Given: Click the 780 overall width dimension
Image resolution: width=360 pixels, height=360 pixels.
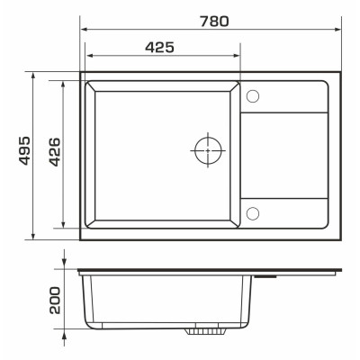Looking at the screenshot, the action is click(x=214, y=22).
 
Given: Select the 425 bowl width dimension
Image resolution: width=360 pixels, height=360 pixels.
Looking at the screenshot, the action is click(x=159, y=48).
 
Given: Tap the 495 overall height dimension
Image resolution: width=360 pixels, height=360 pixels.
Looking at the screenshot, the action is click(x=24, y=150).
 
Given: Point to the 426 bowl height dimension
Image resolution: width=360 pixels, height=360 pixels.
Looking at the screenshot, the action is click(x=54, y=152).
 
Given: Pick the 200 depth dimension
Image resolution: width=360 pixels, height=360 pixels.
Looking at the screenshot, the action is click(x=55, y=301).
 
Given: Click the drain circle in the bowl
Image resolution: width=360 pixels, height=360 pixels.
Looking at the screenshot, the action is click(x=208, y=150).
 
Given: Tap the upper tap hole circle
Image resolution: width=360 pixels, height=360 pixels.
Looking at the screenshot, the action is click(x=253, y=96).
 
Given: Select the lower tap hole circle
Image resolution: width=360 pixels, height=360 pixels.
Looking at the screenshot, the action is click(x=253, y=213).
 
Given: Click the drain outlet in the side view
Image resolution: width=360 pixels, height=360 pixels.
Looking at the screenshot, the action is click(x=205, y=331).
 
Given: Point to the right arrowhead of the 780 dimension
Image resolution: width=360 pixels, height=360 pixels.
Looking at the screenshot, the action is click(x=338, y=30).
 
